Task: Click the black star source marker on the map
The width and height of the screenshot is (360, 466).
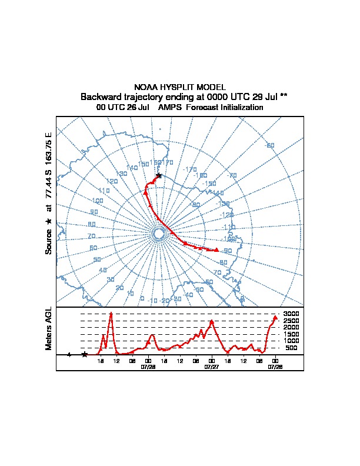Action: tap(158, 176)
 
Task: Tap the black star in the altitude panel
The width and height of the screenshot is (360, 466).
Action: tap(85, 354)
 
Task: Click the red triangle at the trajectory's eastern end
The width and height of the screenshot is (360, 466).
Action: tap(217, 250)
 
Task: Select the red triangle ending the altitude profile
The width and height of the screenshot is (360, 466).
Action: tap(275, 318)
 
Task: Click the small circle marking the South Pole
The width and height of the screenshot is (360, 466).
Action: tap(158, 234)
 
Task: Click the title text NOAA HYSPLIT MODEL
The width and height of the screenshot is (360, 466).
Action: tap(180, 87)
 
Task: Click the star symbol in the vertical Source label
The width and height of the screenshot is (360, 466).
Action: tap(49, 221)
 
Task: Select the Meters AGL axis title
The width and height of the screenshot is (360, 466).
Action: tap(49, 328)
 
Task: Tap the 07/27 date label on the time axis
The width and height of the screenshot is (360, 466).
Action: tap(211, 367)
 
